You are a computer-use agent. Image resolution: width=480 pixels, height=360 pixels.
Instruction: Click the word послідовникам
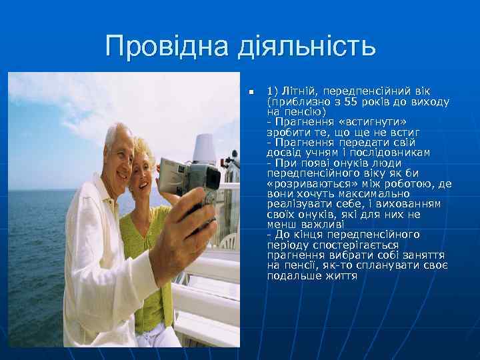(x=391, y=152)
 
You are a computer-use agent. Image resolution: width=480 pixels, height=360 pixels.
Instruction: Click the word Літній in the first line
(x=294, y=91)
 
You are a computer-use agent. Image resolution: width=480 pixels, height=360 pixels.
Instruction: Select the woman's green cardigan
(x=143, y=267)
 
